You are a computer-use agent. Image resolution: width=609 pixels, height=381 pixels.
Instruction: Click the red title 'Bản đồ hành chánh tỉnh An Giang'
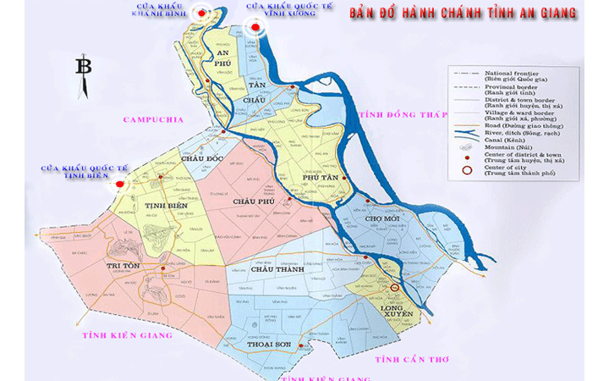point(464,13)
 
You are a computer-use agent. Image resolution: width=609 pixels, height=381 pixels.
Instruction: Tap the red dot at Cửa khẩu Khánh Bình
point(200,13)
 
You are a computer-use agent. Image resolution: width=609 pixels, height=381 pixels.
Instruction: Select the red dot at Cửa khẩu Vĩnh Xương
point(255,26)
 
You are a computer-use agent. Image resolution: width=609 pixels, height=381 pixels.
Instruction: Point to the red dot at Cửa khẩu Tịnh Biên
point(120,183)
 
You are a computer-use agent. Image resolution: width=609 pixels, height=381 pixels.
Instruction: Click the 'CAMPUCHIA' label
point(152,120)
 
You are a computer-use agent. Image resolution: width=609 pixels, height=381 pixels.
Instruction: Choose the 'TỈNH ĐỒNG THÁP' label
point(401,114)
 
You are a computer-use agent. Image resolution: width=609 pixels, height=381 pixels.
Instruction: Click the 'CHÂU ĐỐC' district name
point(201,159)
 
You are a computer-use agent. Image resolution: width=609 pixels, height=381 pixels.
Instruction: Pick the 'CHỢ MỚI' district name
point(381,218)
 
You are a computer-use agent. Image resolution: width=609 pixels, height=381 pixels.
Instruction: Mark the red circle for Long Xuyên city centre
point(395,289)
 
